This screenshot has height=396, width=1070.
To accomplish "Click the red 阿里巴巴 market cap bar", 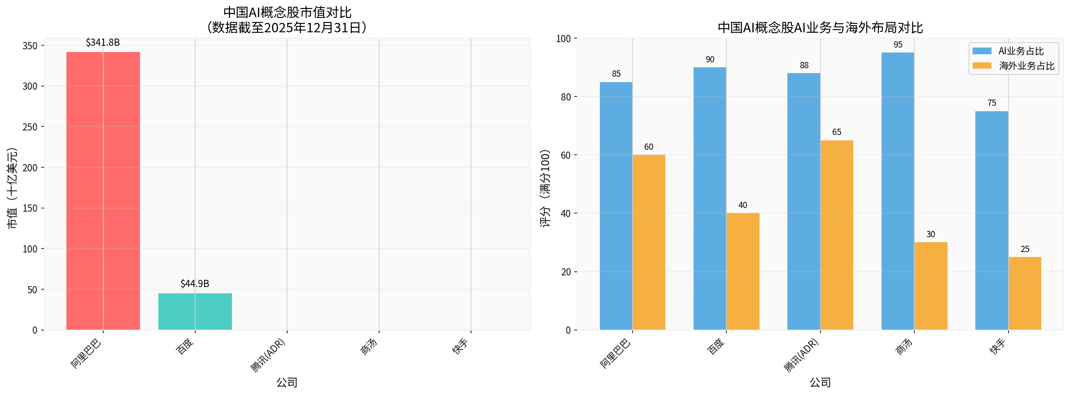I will (103, 191).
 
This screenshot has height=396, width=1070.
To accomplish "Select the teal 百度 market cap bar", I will (195, 311).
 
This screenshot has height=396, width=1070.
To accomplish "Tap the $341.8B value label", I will (103, 43).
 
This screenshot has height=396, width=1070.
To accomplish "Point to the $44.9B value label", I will (195, 283).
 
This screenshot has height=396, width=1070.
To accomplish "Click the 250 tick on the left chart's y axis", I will (30, 127).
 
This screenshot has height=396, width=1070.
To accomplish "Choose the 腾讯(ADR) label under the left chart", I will (268, 355).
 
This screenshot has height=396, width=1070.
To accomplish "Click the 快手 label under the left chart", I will (460, 347).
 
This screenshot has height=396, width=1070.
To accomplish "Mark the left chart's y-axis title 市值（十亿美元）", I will (12, 188).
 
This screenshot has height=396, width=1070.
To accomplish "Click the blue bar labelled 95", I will (898, 191).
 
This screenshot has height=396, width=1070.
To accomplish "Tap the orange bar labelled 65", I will (837, 235).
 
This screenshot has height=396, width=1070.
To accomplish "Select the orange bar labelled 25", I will (1025, 293).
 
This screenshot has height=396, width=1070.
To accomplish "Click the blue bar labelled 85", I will (616, 206).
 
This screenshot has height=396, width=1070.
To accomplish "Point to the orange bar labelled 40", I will (743, 271).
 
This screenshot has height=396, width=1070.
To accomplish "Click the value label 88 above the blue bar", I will (804, 65).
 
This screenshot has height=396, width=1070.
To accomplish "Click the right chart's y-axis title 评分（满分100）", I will (545, 188).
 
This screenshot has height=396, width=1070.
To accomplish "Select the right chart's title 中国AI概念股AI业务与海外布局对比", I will (820, 28).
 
